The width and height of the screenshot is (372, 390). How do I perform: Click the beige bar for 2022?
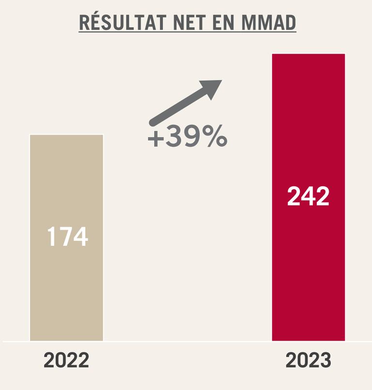click(66, 291)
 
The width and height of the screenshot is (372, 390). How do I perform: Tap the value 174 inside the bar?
click(67, 237)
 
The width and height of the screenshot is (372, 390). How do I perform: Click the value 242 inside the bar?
click(308, 196)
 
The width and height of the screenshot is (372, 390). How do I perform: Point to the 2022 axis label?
click(66, 361)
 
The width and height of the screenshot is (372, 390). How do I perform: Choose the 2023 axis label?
click(309, 361)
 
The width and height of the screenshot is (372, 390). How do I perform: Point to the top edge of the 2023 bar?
click(309, 54)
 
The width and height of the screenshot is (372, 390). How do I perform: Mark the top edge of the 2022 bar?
click(66, 135)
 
